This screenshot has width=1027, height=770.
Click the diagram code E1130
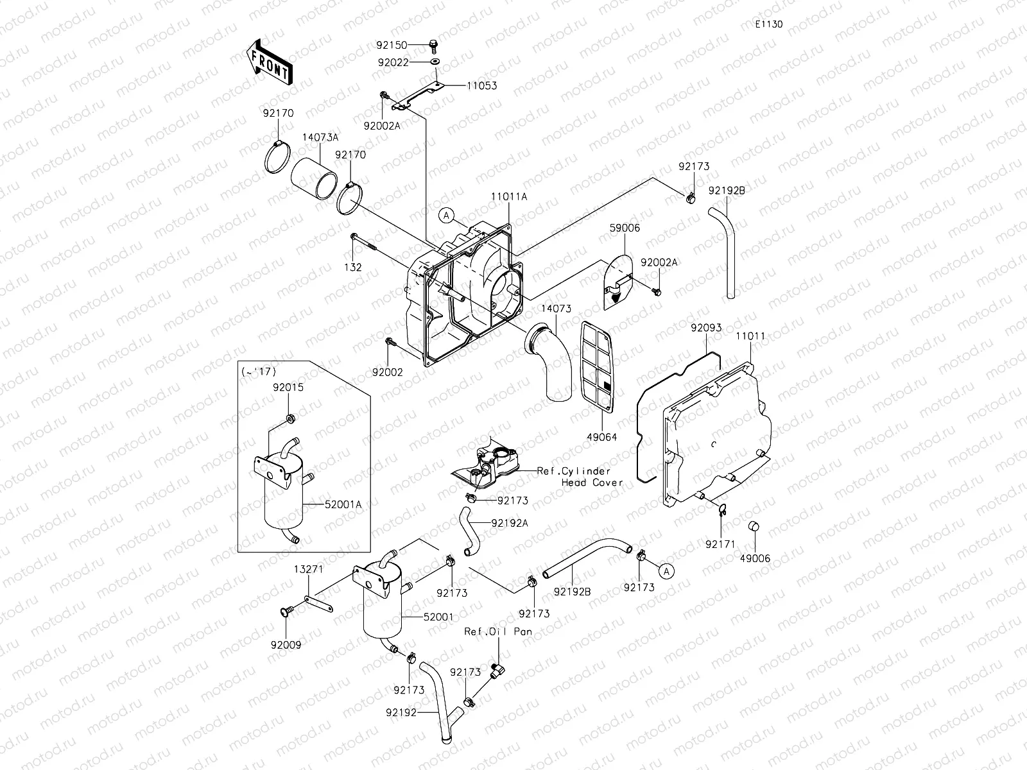(768, 24)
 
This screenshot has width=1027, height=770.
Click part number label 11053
(481, 85)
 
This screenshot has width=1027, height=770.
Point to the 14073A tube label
(320, 137)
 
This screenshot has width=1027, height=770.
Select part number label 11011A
(508, 197)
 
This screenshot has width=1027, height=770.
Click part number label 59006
(625, 228)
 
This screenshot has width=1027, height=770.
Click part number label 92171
(720, 543)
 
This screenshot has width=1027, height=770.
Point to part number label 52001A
(343, 505)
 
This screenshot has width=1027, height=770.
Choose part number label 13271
(309, 569)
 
